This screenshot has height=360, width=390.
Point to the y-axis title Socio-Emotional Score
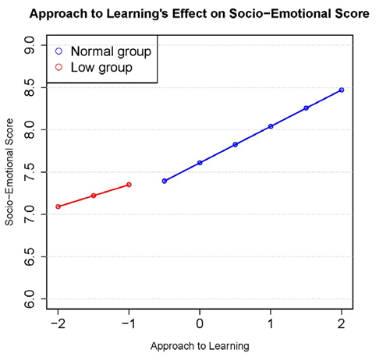click(x=10, y=173)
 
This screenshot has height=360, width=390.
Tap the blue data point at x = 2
click(x=342, y=90)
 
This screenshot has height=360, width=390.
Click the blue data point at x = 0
click(x=200, y=163)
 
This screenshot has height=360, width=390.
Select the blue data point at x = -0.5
click(x=164, y=181)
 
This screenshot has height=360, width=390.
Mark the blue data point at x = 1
click(x=271, y=126)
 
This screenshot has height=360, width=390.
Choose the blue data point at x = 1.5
click(x=306, y=108)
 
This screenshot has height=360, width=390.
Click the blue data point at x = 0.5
click(x=235, y=144)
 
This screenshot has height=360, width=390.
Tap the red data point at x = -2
click(x=58, y=206)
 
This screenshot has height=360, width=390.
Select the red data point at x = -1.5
click(x=93, y=196)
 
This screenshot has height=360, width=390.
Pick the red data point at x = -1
click(x=129, y=185)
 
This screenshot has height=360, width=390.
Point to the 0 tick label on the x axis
click(x=200, y=323)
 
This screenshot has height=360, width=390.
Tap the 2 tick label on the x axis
click(x=342, y=323)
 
